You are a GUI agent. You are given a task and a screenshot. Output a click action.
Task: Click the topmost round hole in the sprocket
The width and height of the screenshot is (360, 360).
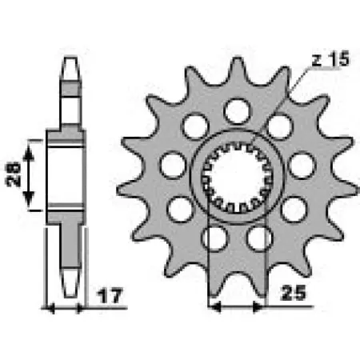click(237, 110)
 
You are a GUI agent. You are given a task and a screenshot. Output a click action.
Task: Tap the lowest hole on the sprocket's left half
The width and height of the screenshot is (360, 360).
click(214, 238)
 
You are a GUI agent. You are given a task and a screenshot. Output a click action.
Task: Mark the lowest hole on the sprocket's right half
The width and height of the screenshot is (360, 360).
click(258, 238)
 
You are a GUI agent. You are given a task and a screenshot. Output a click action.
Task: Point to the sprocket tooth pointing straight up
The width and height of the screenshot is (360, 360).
click(237, 70)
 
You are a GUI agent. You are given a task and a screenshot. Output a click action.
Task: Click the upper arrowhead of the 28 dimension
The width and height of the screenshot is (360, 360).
click(32, 144)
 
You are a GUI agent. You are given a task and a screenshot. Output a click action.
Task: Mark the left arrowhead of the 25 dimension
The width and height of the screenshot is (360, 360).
click(212, 305)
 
